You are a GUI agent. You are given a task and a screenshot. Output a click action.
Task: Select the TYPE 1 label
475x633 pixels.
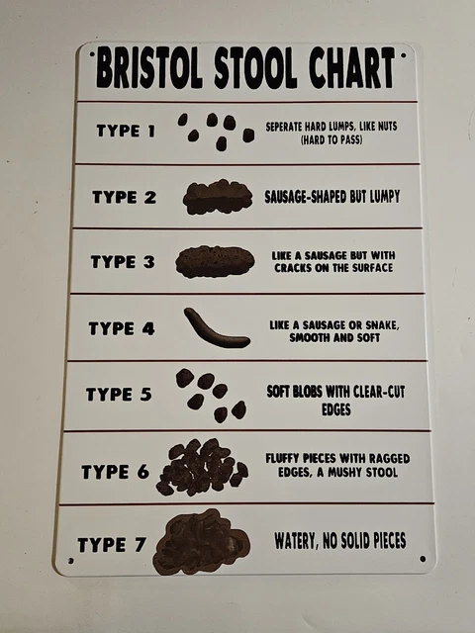(x=127, y=131)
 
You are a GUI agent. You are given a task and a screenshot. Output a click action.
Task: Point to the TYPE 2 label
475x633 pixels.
(x=124, y=196)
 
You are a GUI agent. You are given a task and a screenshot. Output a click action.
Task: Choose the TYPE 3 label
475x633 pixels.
(x=122, y=262)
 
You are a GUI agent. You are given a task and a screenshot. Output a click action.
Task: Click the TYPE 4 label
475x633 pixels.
(x=121, y=328)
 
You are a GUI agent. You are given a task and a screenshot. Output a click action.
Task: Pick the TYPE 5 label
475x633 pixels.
(x=118, y=395)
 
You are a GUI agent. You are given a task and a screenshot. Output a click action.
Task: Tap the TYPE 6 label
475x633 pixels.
(x=115, y=471)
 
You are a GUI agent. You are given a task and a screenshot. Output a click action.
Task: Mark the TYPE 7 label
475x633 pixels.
(x=110, y=544)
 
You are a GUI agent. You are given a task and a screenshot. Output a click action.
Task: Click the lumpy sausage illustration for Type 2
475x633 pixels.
(x=218, y=196)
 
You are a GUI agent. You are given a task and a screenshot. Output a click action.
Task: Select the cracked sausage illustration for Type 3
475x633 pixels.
(x=215, y=261)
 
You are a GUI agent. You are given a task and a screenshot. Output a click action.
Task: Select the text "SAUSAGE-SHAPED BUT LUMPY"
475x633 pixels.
(x=332, y=196)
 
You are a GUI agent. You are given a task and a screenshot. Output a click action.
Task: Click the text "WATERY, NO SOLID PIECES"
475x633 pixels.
(x=339, y=541)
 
